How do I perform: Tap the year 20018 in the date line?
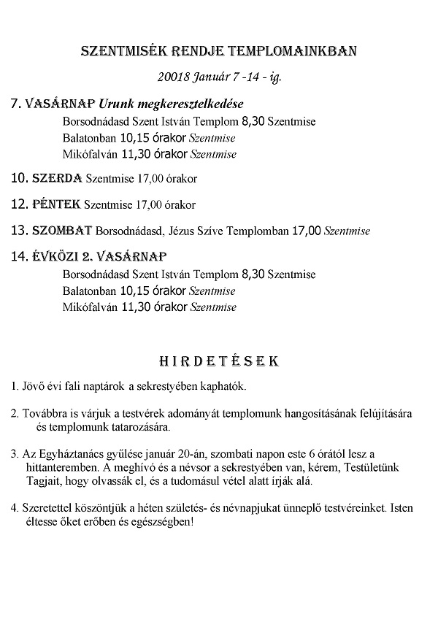tap(172, 75)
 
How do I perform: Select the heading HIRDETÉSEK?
tap(219, 361)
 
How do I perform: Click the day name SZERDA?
tap(58, 177)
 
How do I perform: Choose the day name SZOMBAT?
tap(61, 231)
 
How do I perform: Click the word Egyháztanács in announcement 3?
tap(60, 454)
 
